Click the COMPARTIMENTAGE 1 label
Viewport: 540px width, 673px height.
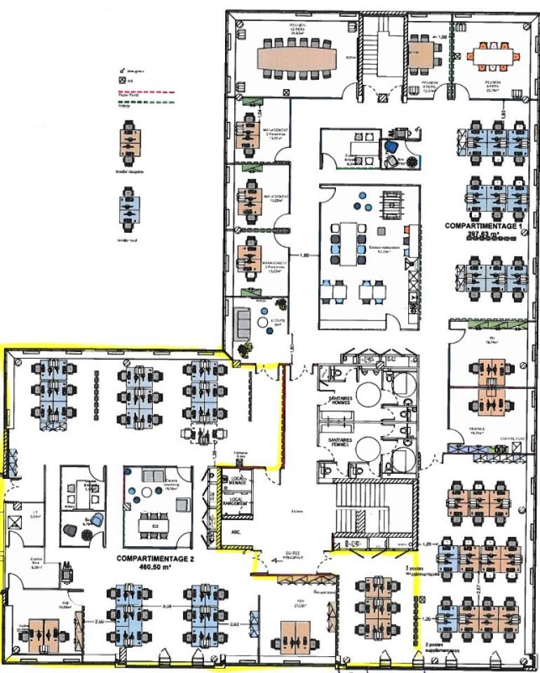484,226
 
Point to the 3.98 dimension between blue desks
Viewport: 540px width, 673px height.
168,606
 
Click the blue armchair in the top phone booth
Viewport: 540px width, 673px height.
391,148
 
